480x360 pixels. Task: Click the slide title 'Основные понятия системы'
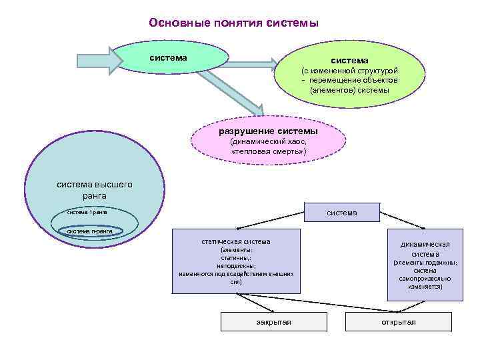pyautogui.click(x=234, y=23)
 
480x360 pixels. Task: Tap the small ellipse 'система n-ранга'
pyautogui.click(x=94, y=231)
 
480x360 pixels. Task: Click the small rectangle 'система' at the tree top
pyautogui.click(x=341, y=213)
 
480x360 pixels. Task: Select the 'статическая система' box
pyautogui.click(x=236, y=261)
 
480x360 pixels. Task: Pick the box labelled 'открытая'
pyautogui.click(x=398, y=323)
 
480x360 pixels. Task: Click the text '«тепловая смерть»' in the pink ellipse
pyautogui.click(x=269, y=152)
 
